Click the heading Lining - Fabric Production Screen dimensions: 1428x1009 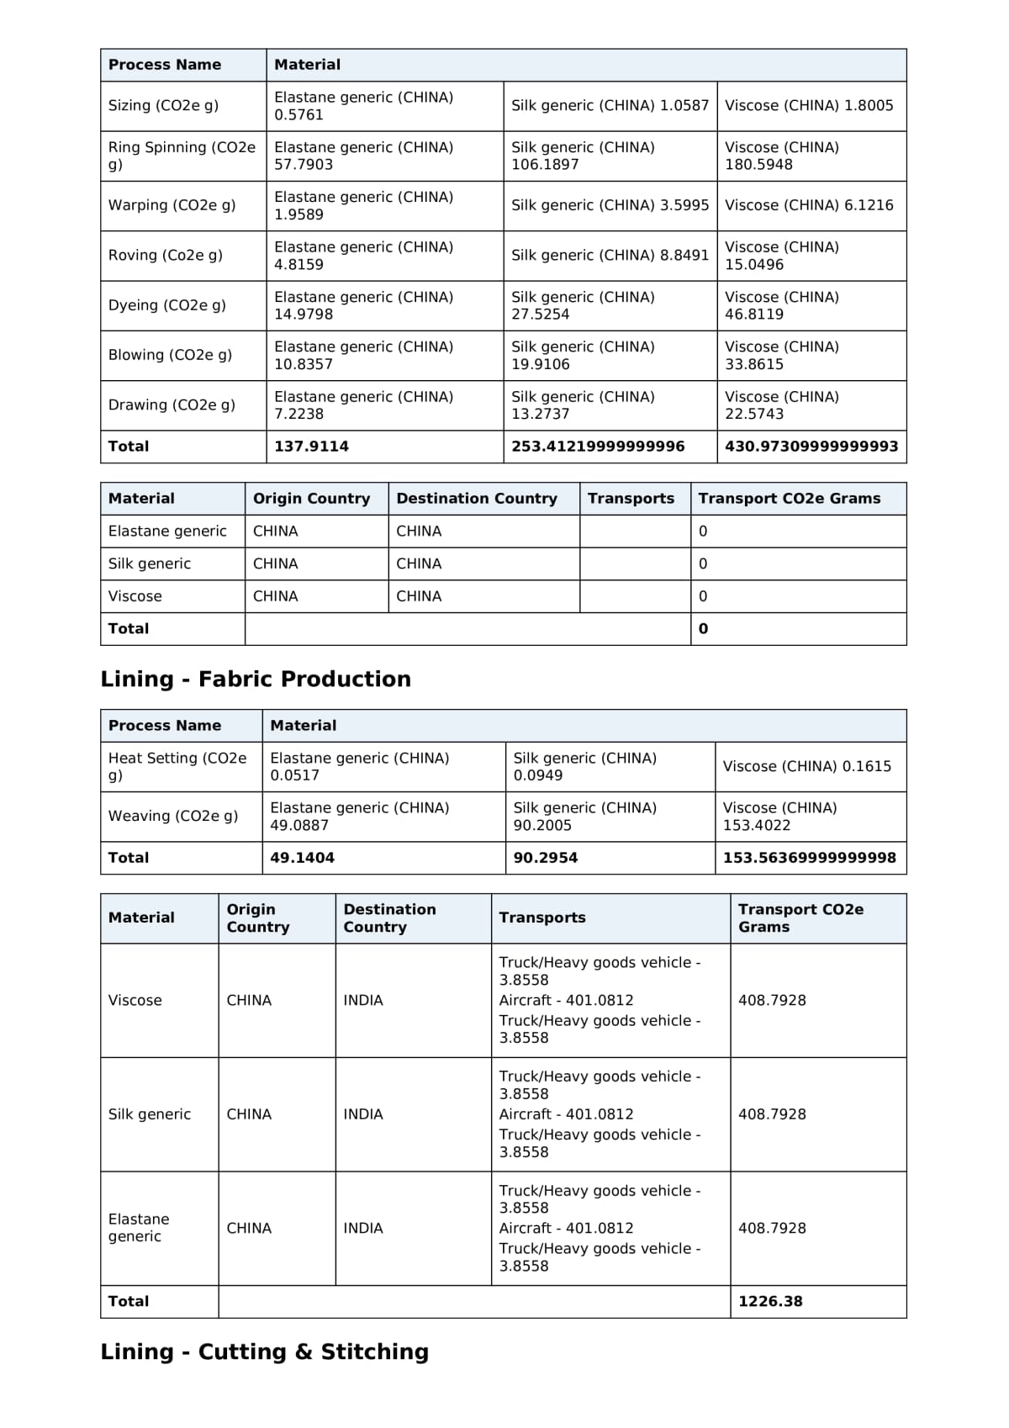pyautogui.click(x=256, y=679)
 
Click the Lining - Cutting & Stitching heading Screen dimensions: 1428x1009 pyautogui.click(x=264, y=1351)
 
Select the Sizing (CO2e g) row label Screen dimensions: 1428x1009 pyautogui.click(x=163, y=105)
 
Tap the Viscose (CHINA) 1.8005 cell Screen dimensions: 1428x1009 pyautogui.click(x=809, y=105)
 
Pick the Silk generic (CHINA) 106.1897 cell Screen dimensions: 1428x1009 pyautogui.click(x=583, y=156)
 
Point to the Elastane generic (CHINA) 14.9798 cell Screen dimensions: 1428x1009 pyautogui.click(x=363, y=305)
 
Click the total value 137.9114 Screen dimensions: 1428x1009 pyautogui.click(x=311, y=447)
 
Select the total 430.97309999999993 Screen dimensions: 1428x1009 pyautogui.click(x=811, y=447)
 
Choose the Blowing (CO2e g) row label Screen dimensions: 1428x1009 pyautogui.click(x=170, y=355)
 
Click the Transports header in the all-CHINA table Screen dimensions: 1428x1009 pyautogui.click(x=631, y=499)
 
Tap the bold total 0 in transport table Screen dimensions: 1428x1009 pyautogui.click(x=704, y=629)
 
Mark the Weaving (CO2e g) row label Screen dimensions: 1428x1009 pyautogui.click(x=173, y=816)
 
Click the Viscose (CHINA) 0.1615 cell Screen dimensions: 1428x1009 pyautogui.click(x=806, y=766)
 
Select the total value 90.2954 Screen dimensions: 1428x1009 pyautogui.click(x=545, y=858)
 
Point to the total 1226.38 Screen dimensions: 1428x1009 pyautogui.click(x=770, y=1301)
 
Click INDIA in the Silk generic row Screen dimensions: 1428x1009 pyautogui.click(x=363, y=1114)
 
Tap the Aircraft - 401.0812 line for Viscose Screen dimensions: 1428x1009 pyautogui.click(x=566, y=1000)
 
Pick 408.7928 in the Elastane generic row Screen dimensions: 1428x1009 pyautogui.click(x=772, y=1228)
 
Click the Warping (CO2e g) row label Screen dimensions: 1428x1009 pyautogui.click(x=172, y=205)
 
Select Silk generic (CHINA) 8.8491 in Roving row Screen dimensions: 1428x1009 pyautogui.click(x=610, y=255)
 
